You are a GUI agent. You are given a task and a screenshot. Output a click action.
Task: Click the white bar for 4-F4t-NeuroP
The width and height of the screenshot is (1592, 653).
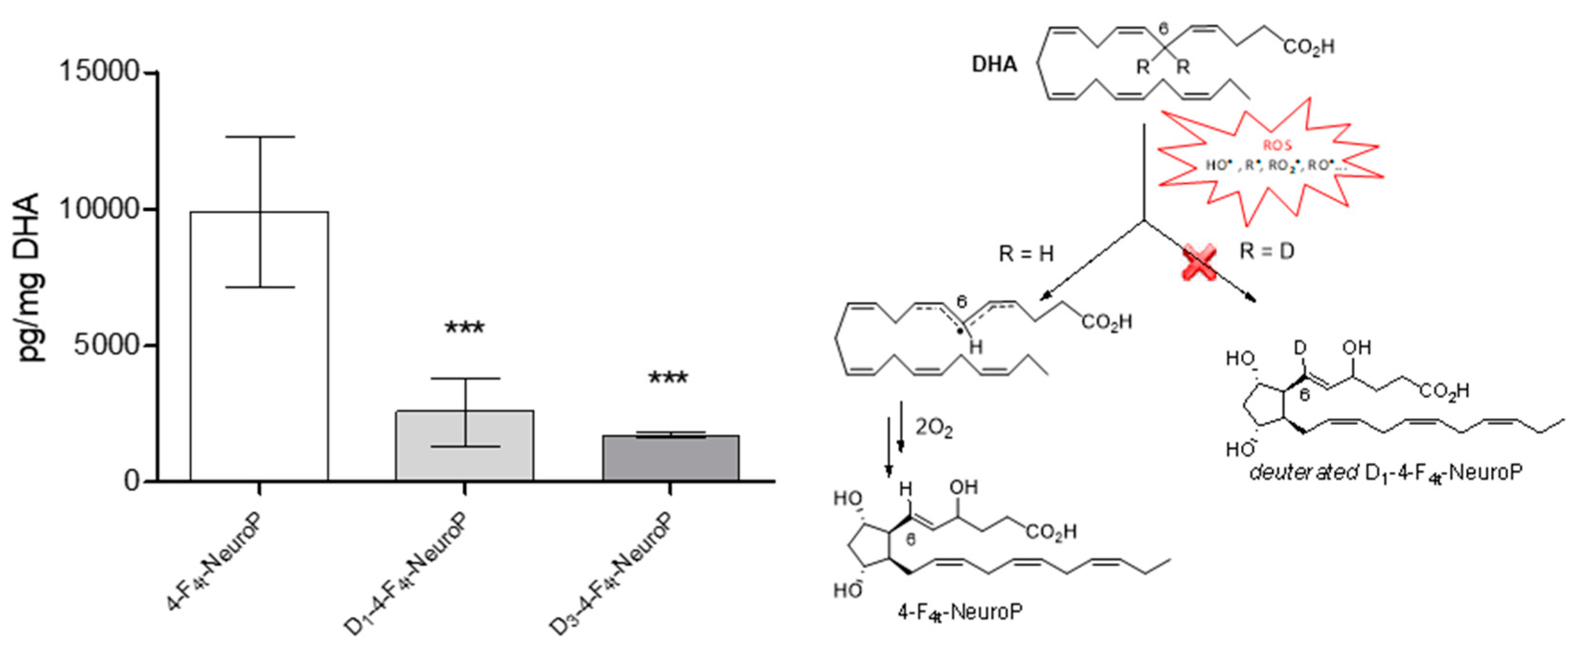259,346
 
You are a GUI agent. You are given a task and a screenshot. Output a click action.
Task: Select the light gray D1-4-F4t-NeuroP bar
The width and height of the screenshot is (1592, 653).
465,445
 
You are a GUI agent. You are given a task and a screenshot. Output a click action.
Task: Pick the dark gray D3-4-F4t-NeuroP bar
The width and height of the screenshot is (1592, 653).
670,458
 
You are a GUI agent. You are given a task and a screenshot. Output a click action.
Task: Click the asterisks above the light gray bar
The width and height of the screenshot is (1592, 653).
465,328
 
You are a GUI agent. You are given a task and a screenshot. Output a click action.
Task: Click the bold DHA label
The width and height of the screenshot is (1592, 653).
994,64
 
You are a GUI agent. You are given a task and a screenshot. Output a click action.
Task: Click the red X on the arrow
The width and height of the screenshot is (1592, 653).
1199,262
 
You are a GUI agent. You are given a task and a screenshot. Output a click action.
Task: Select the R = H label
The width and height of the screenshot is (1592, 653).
1027,253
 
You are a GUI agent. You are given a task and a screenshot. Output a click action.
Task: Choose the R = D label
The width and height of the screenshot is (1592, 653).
1267,252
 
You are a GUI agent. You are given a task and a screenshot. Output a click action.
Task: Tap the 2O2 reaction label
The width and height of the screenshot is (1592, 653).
933,428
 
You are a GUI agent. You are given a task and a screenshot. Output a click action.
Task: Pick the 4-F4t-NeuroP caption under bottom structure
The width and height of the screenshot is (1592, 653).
960,613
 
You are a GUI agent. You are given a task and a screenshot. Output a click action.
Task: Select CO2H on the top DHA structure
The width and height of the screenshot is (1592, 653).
1309,46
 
